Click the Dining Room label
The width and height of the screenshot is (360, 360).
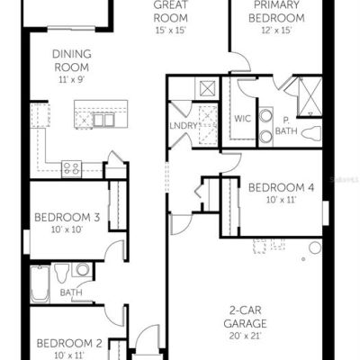pyautogui.click(x=72, y=60)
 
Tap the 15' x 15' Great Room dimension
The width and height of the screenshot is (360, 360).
pyautogui.click(x=171, y=31)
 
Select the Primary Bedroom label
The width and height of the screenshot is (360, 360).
pyautogui.click(x=276, y=12)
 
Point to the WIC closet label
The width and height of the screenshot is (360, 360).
pyautogui.click(x=242, y=119)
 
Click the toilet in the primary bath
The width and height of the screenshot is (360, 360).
pyautogui.click(x=311, y=133)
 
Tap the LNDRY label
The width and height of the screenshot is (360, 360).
pyautogui.click(x=184, y=125)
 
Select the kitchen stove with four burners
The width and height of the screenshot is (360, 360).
pyautogui.click(x=71, y=169)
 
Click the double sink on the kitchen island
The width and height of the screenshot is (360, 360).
pyautogui.click(x=103, y=120)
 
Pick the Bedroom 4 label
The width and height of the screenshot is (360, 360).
pyautogui.click(x=282, y=188)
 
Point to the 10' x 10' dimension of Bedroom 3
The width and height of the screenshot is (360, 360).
pyautogui.click(x=67, y=229)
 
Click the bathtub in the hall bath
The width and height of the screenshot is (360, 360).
pyautogui.click(x=40, y=283)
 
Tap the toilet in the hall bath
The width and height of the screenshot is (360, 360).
pyautogui.click(x=62, y=273)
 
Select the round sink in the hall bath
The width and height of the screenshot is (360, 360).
pyautogui.click(x=82, y=269)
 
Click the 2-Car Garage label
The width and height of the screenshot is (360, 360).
pyautogui.click(x=246, y=317)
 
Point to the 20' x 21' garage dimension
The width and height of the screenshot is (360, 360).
pyautogui.click(x=246, y=336)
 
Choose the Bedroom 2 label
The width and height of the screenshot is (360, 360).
pyautogui.click(x=69, y=343)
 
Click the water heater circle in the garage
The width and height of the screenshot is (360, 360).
pyautogui.click(x=315, y=247)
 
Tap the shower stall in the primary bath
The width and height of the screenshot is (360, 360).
pyautogui.click(x=310, y=96)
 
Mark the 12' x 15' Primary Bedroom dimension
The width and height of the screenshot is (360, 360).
pyautogui.click(x=276, y=31)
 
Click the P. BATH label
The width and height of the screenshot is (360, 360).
pyautogui.click(x=286, y=126)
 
